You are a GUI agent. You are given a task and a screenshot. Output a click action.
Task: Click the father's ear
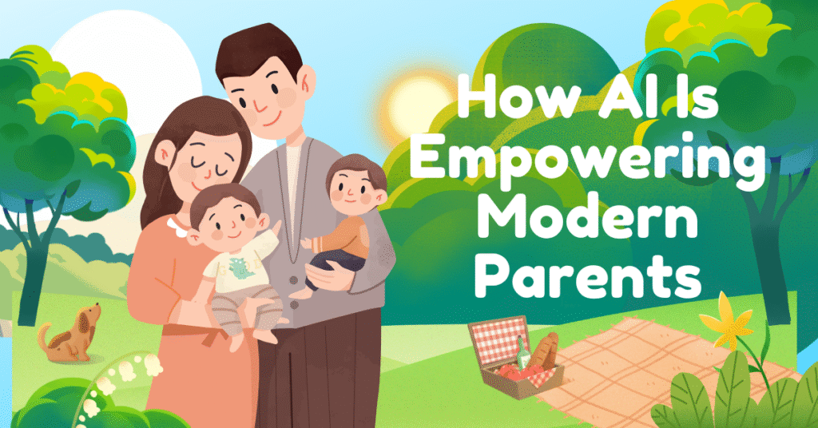coord(308,81)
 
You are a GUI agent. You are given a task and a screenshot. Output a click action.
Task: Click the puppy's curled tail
coord(45,334)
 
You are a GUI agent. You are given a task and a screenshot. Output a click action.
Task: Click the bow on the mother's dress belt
coord(215,334)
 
